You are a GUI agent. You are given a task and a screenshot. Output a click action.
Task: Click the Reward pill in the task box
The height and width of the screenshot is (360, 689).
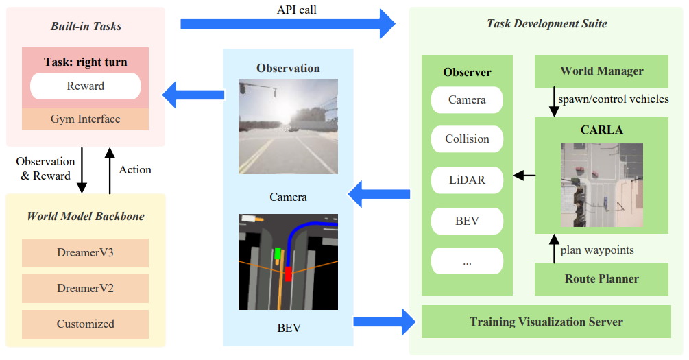[x=86, y=86]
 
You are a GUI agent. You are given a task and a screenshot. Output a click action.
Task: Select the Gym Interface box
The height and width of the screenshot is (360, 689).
[x=86, y=119]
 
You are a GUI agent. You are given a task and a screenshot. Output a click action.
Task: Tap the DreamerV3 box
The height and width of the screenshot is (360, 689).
[x=86, y=253]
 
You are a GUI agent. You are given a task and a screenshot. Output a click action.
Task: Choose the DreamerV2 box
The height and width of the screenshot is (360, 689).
[x=86, y=289]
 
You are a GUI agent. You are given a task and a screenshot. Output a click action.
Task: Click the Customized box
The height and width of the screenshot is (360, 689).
[x=86, y=324]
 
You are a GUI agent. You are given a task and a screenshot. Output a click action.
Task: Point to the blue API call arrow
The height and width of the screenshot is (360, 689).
[x=288, y=24]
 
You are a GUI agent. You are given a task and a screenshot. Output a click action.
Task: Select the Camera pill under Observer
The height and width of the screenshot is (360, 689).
[x=467, y=100]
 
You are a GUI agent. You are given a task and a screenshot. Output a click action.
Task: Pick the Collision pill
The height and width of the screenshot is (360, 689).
[x=467, y=139]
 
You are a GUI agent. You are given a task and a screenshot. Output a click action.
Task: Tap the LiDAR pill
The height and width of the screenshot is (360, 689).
[x=467, y=180]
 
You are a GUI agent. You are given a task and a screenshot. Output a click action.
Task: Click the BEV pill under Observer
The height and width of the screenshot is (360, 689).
[x=467, y=221]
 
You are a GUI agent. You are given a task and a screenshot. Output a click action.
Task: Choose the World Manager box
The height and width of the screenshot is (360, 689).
[x=601, y=71]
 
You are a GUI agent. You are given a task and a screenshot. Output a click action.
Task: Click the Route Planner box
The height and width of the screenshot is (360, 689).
[x=601, y=279]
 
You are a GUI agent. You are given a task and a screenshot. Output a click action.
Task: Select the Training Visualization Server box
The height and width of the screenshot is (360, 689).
[x=546, y=322]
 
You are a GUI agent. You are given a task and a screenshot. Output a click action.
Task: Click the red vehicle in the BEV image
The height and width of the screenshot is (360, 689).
[x=289, y=274]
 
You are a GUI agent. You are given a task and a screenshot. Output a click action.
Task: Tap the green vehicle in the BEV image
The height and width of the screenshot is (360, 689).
[x=278, y=254]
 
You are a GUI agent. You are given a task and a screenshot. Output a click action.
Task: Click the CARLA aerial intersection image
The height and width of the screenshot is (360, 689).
[x=601, y=184]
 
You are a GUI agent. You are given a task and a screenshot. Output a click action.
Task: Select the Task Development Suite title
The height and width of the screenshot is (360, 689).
[x=546, y=24]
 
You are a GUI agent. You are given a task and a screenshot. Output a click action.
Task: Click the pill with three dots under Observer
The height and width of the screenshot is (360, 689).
[x=467, y=262]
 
